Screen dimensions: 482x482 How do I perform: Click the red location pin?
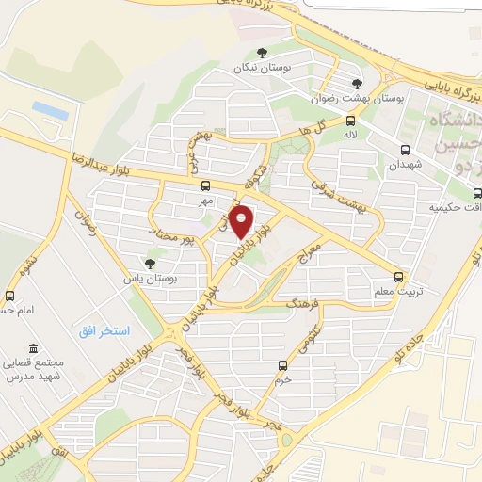[242, 221]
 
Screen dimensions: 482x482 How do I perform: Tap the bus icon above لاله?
[350, 120]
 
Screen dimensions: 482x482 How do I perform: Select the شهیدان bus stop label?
[406, 164]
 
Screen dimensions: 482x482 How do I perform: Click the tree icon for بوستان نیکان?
[262, 53]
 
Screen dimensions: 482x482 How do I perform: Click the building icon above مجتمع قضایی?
[34, 347]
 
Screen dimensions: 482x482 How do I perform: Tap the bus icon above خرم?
[282, 365]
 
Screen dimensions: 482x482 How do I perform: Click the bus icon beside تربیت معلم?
[399, 277]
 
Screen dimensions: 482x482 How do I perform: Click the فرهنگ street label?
[308, 303]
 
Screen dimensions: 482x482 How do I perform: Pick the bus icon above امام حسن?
[10, 295]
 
